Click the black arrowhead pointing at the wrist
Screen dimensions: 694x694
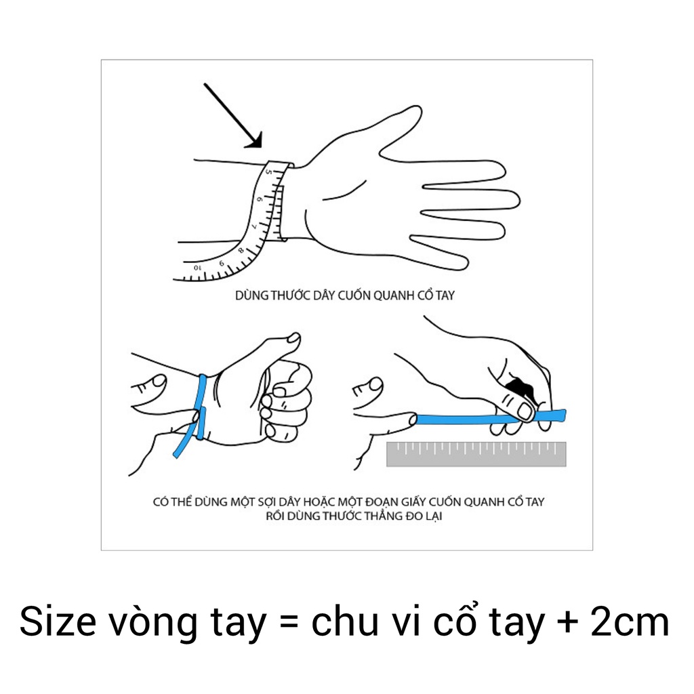point(253,140)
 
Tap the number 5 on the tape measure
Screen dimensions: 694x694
point(268,173)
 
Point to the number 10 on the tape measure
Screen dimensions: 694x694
point(197,268)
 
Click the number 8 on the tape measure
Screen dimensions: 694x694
point(240,250)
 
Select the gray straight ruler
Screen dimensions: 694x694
point(476,454)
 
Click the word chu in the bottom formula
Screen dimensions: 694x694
point(344,623)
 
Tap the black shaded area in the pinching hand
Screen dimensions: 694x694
point(518,389)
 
